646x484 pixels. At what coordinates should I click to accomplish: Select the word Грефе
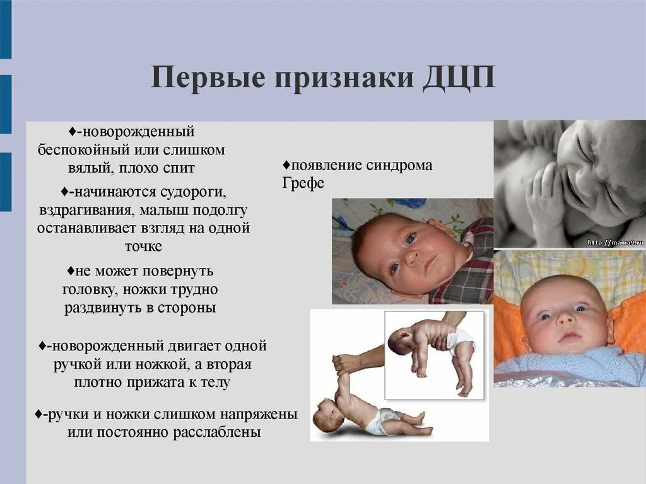[303, 183]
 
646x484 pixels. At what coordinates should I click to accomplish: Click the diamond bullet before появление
[286, 166]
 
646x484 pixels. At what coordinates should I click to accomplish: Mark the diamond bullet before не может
[71, 271]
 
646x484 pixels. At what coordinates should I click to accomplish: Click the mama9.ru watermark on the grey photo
[614, 242]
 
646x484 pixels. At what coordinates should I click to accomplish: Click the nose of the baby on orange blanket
[564, 322]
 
